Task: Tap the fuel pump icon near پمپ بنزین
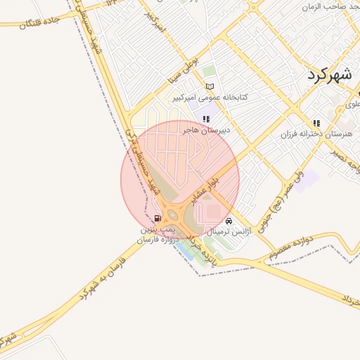pos(156,219)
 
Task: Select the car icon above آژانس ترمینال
pos(229,221)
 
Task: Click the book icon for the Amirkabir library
pos(209,86)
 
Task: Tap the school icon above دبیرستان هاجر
pos(206,120)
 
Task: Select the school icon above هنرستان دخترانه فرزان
pos(316,123)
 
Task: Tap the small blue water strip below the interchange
pos(185,247)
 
